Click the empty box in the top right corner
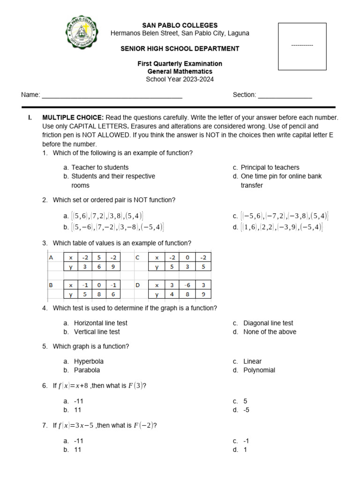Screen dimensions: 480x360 coord(302,46)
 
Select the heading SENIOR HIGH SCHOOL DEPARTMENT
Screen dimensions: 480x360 coord(180,49)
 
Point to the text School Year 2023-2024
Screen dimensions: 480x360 coord(180,79)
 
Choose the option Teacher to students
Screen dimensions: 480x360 coord(100,167)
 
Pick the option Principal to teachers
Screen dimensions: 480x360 coord(270,167)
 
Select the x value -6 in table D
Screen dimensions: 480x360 coord(186,285)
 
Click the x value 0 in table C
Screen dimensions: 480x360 coord(186,257)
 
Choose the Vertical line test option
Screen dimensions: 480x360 coord(97,332)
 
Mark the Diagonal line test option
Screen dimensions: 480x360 coord(268,323)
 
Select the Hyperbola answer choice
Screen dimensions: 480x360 coord(89,361)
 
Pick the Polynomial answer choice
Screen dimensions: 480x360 coord(259,370)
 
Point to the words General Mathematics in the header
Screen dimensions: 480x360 coord(180,71)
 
